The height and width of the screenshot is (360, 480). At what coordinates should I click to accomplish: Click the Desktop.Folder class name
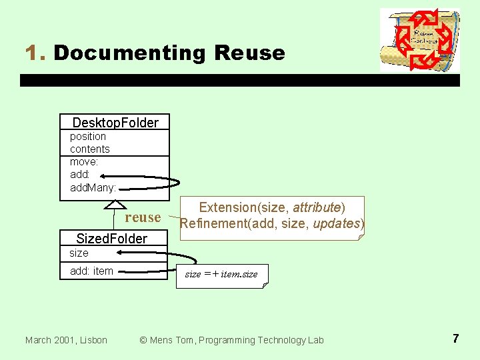point(115,123)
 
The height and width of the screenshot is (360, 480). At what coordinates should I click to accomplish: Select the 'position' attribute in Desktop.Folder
point(88,137)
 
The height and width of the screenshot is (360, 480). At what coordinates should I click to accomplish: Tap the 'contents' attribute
point(90,149)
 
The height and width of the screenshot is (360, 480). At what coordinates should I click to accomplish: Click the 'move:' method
point(84,162)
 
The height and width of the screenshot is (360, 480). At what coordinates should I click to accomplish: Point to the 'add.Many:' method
point(93,187)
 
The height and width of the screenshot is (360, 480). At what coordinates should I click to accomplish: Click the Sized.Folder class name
point(111,239)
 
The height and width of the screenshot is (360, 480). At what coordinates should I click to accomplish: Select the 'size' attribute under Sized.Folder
point(79,253)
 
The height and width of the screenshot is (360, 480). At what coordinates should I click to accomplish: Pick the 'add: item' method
point(91,271)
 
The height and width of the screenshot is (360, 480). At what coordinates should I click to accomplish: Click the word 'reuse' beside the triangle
point(143,218)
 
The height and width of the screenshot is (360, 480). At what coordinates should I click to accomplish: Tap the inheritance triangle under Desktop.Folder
point(116,205)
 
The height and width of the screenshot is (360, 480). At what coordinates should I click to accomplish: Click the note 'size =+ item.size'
point(221,275)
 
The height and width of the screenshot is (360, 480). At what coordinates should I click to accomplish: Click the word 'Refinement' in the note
point(211,223)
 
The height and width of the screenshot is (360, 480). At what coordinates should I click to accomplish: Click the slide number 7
point(455,339)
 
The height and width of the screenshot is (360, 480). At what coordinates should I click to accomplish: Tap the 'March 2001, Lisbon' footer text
point(66,340)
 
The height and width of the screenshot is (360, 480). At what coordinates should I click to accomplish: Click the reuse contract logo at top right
point(419,40)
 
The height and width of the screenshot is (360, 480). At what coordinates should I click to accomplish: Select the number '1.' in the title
point(35,53)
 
